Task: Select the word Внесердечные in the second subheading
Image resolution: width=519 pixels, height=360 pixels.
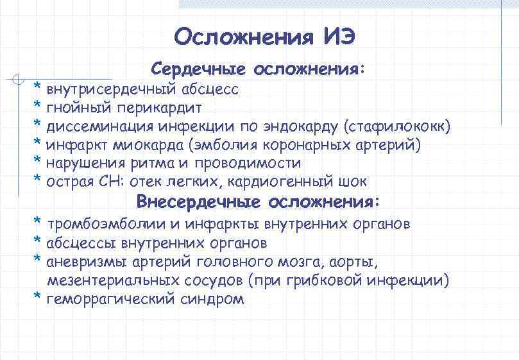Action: tap(200, 202)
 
